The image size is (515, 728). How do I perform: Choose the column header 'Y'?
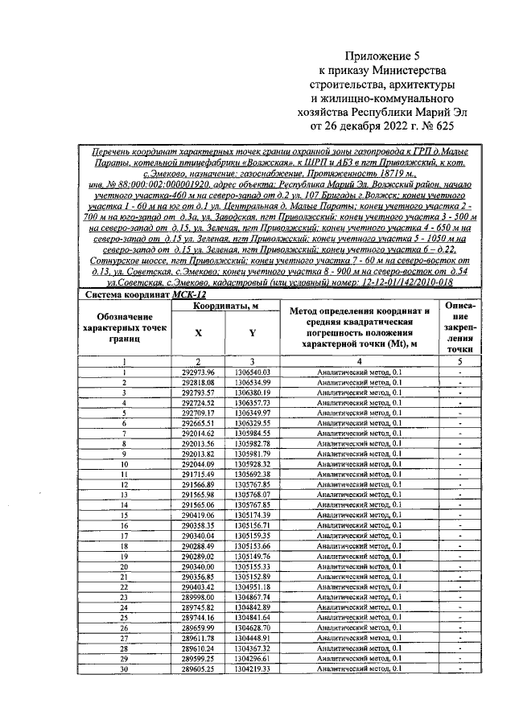252,332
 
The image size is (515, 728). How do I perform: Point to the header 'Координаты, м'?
225,306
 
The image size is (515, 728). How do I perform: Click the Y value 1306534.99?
252,382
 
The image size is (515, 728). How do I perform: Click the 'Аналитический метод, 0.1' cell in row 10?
360,464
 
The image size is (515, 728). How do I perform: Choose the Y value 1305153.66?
252,545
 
